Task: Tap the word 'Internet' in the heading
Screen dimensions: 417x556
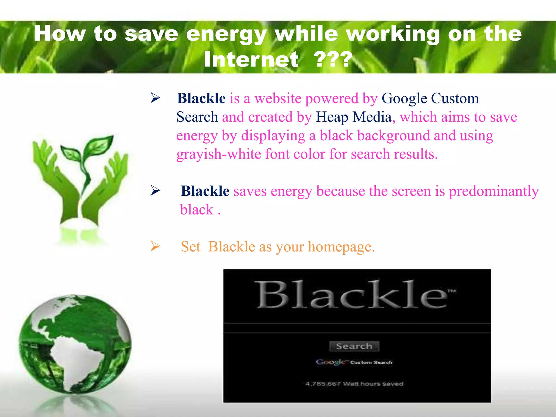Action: click(251, 59)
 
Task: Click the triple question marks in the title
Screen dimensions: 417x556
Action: click(334, 59)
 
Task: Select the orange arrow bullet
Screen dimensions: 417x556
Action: click(155, 246)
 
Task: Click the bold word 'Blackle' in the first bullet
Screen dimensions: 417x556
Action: click(201, 98)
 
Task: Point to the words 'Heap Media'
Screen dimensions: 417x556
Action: click(353, 117)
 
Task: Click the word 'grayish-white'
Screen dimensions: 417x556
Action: click(219, 154)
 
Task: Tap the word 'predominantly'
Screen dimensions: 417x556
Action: click(494, 191)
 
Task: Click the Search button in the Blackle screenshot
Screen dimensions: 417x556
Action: click(354, 346)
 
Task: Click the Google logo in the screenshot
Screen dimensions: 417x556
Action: click(331, 362)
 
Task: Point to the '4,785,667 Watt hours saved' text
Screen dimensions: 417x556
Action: click(354, 384)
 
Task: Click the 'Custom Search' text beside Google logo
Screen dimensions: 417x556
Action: click(371, 362)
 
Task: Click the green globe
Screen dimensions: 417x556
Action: click(75, 343)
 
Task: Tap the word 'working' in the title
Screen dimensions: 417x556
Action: click(393, 34)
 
